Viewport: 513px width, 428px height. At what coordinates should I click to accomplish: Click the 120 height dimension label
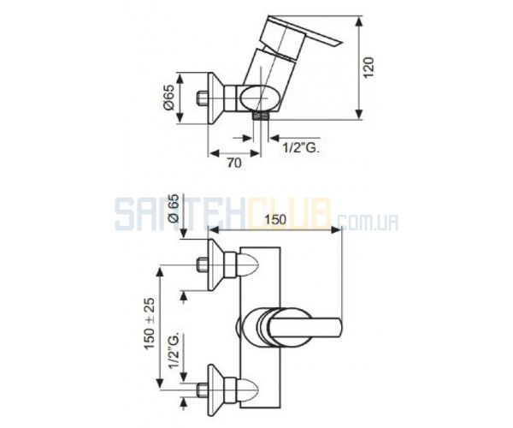click(369, 68)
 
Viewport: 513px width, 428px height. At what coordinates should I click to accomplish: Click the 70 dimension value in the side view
click(234, 163)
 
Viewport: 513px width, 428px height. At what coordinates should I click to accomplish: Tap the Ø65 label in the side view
click(170, 98)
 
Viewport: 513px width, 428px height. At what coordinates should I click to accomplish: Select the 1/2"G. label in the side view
click(301, 148)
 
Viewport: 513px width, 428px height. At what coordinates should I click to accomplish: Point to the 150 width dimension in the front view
click(275, 219)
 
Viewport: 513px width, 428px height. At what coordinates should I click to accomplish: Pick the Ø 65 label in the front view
click(174, 209)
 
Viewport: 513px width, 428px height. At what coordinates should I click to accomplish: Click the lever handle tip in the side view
click(339, 43)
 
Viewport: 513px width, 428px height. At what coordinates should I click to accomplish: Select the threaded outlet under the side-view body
click(261, 116)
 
